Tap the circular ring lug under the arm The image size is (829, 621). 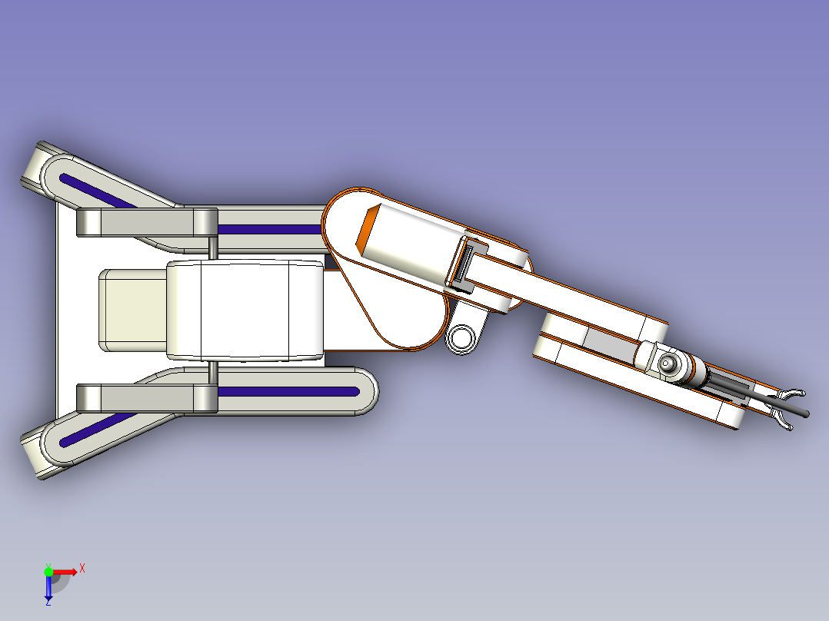tap(461, 337)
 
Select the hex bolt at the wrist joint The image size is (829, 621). tap(667, 363)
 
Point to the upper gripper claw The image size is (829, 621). tap(790, 394)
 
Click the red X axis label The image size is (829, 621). tap(82, 569)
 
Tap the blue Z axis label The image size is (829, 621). tap(48, 602)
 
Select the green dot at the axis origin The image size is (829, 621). tap(48, 572)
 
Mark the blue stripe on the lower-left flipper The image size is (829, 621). tap(98, 430)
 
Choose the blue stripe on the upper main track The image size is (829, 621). tap(270, 229)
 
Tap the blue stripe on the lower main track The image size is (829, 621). tap(288, 392)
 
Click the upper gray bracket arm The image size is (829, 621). tap(147, 223)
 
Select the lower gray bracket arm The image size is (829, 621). tap(147, 398)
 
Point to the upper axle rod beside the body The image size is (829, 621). tap(212, 248)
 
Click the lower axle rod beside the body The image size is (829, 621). tap(212, 373)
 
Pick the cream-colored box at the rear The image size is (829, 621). tap(133, 310)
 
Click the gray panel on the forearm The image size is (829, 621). tap(611, 343)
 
